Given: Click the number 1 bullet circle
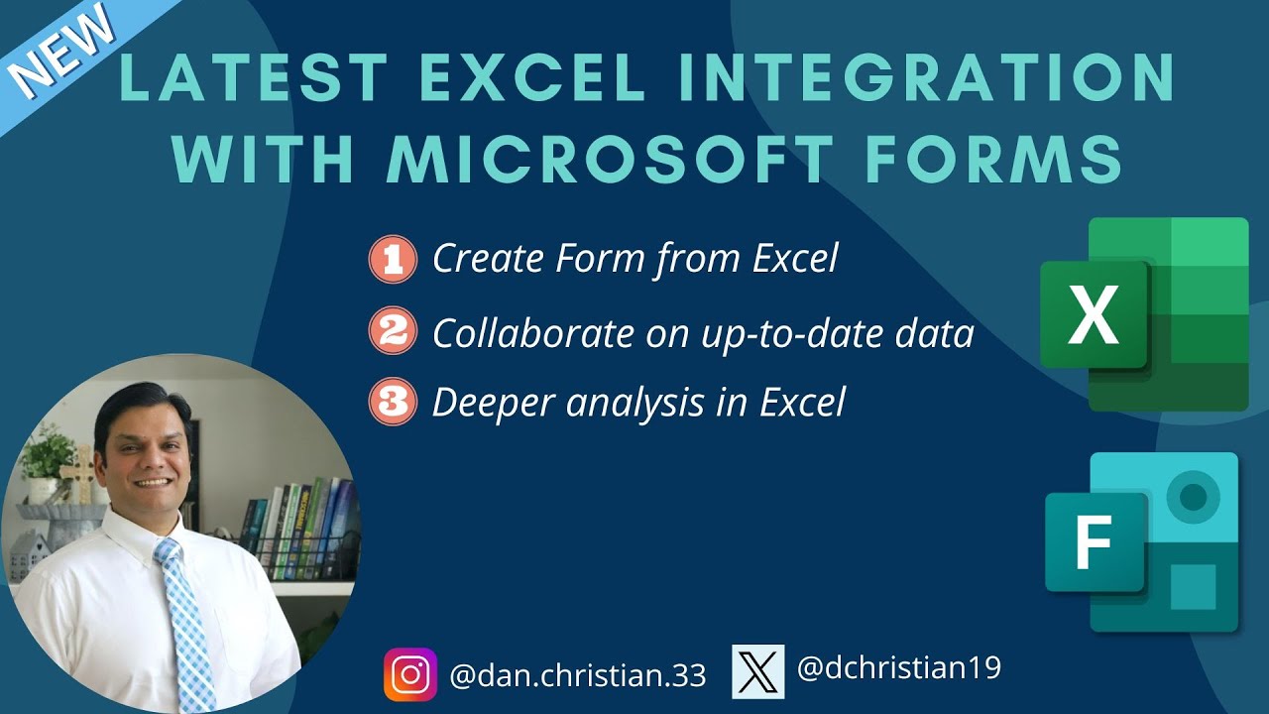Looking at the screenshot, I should [393, 260].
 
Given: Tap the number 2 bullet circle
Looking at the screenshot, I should [393, 332].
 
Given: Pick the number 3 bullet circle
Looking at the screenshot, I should [393, 403].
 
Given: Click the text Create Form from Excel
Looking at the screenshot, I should [635, 259].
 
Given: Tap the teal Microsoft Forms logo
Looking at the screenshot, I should [1142, 542].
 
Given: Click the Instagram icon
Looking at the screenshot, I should [410, 674].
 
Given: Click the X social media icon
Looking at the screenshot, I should [757, 671].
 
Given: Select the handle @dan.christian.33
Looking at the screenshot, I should [578, 675].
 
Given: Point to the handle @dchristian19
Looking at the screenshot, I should [899, 668].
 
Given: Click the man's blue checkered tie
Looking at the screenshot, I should [185, 615].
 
